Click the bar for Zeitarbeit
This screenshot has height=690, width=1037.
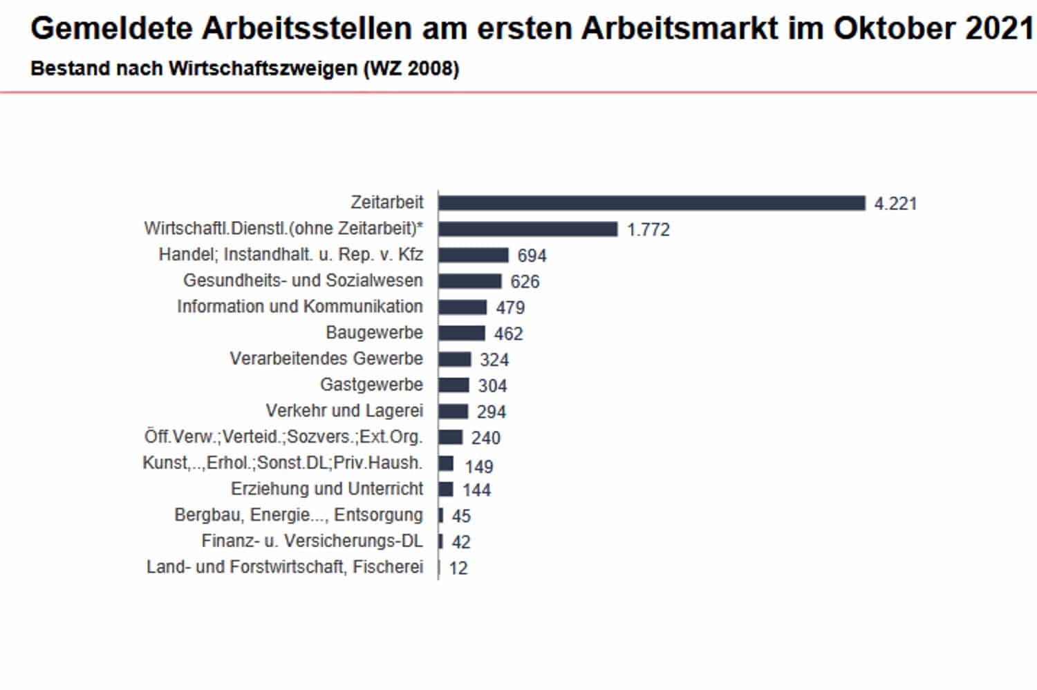pos(651,203)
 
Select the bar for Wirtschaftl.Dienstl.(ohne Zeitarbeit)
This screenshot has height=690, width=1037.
pos(527,229)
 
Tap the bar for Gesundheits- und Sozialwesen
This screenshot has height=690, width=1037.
pos(469,281)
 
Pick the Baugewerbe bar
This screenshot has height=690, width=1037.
pos(461,333)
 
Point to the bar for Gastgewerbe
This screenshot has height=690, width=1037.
pos(454,385)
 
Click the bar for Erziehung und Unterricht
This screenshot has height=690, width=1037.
pos(446,489)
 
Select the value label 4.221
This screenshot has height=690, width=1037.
pos(895,204)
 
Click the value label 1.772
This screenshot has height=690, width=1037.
pos(648,229)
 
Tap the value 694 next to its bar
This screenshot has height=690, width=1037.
pos(532,256)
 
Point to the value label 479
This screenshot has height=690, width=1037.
pos(510,307)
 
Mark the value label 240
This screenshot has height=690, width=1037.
pos(486,438)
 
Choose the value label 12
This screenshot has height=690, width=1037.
pos(458,568)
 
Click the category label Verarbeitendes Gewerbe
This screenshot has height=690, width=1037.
pos(326,358)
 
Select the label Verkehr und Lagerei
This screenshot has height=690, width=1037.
pos(344,411)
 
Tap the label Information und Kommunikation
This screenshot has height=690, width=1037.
pos(300,307)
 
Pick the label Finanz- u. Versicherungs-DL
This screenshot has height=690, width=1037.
pos(312,541)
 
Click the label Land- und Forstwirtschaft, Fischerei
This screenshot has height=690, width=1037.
pos(285,567)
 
